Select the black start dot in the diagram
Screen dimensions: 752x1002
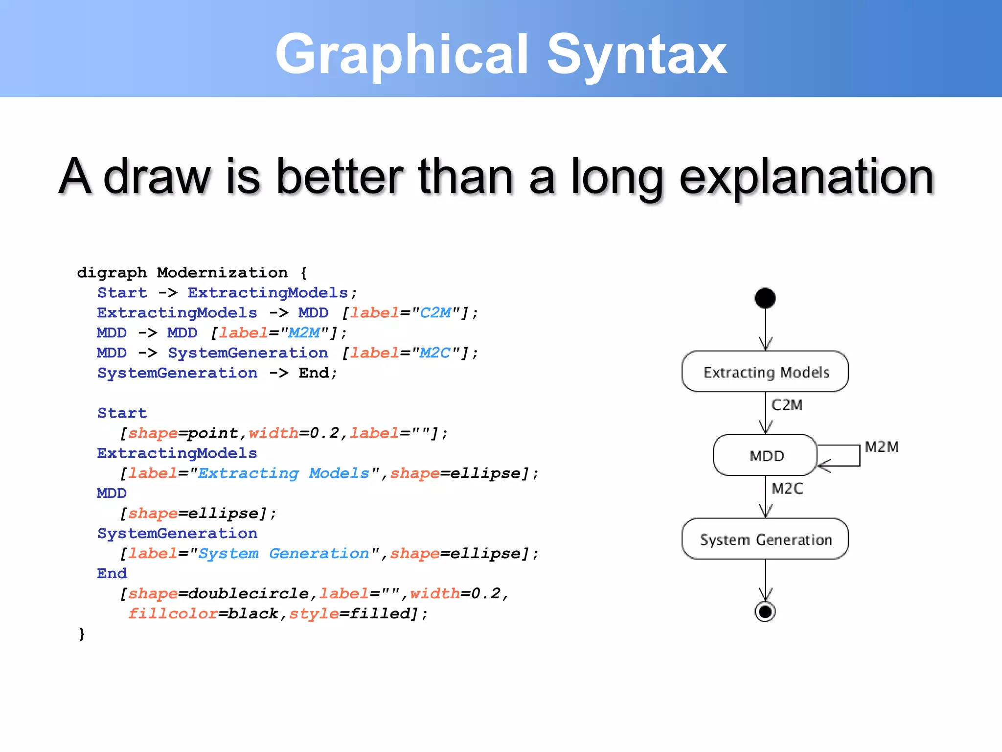[765, 298]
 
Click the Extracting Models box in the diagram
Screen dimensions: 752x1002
[765, 372]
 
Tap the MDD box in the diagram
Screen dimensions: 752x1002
[765, 455]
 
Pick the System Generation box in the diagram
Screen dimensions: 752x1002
[765, 539]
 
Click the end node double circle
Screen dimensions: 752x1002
[765, 611]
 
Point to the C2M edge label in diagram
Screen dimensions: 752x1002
[787, 405]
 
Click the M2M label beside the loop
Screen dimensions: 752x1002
[881, 446]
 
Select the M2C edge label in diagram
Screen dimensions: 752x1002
[787, 488]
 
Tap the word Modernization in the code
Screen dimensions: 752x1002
[222, 272]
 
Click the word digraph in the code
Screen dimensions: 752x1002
[112, 272]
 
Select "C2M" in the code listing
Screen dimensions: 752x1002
[435, 312]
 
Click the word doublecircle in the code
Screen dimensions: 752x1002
[248, 593]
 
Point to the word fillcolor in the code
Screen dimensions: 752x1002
[172, 613]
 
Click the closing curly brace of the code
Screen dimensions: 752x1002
[82, 634]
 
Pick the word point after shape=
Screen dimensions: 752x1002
[213, 433]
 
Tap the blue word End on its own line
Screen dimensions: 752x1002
[112, 573]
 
